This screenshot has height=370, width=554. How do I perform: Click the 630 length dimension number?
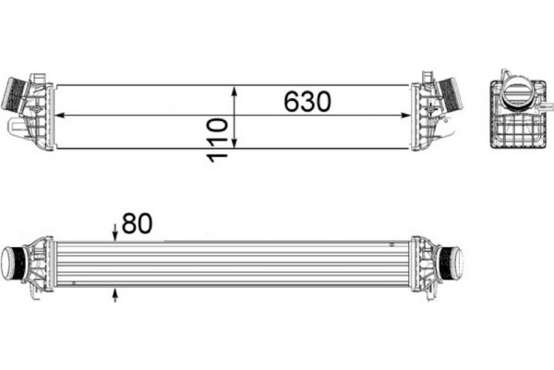click(307, 102)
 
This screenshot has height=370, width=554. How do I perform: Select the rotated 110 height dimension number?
click(219, 139)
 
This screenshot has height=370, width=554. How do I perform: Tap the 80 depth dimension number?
click(137, 223)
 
